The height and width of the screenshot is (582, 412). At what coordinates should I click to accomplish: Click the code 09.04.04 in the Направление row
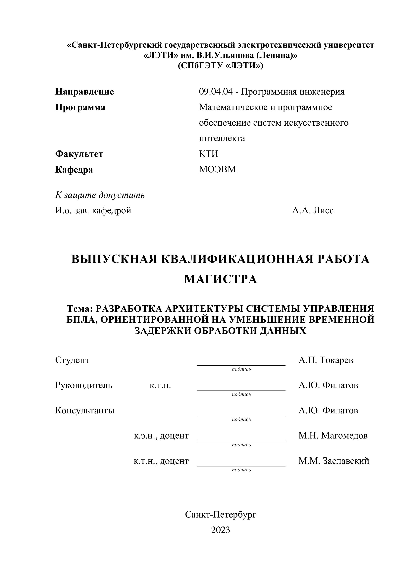[x=215, y=92]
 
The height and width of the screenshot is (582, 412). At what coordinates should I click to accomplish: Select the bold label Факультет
[x=79, y=154]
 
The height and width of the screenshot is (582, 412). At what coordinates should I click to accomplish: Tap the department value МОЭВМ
[x=217, y=169]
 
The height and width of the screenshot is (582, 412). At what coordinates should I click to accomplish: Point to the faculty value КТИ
[x=209, y=154]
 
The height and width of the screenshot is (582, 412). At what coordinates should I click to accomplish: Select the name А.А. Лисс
[x=313, y=210]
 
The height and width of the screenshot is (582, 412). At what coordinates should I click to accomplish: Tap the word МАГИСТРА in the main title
[x=221, y=279]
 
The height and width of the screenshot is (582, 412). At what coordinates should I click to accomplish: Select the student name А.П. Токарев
[x=326, y=360]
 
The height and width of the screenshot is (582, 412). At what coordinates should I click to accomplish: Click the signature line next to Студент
[x=241, y=365]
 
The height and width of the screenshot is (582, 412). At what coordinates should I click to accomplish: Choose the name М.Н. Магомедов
[x=333, y=436]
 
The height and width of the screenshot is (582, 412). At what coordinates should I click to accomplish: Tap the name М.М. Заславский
[x=334, y=461]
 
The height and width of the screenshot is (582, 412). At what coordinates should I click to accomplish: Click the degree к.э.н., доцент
[x=161, y=436]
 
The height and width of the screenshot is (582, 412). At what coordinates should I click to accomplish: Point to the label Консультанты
[x=85, y=410]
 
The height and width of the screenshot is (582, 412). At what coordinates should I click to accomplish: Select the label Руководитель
[x=83, y=385]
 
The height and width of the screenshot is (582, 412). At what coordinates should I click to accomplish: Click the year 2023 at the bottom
[x=221, y=530]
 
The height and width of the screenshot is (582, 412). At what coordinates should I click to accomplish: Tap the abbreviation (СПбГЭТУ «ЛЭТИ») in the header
[x=221, y=66]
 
